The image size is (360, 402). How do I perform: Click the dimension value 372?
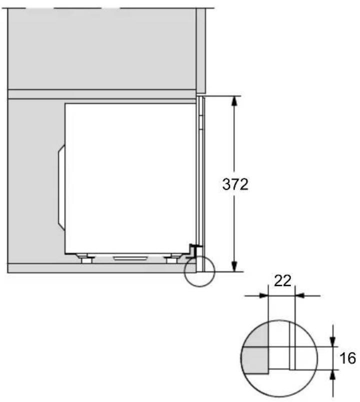(235, 184)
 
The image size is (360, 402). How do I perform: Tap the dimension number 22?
(282, 281)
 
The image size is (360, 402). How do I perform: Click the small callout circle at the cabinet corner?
(199, 272)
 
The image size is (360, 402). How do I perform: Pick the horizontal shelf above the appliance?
(100, 94)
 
